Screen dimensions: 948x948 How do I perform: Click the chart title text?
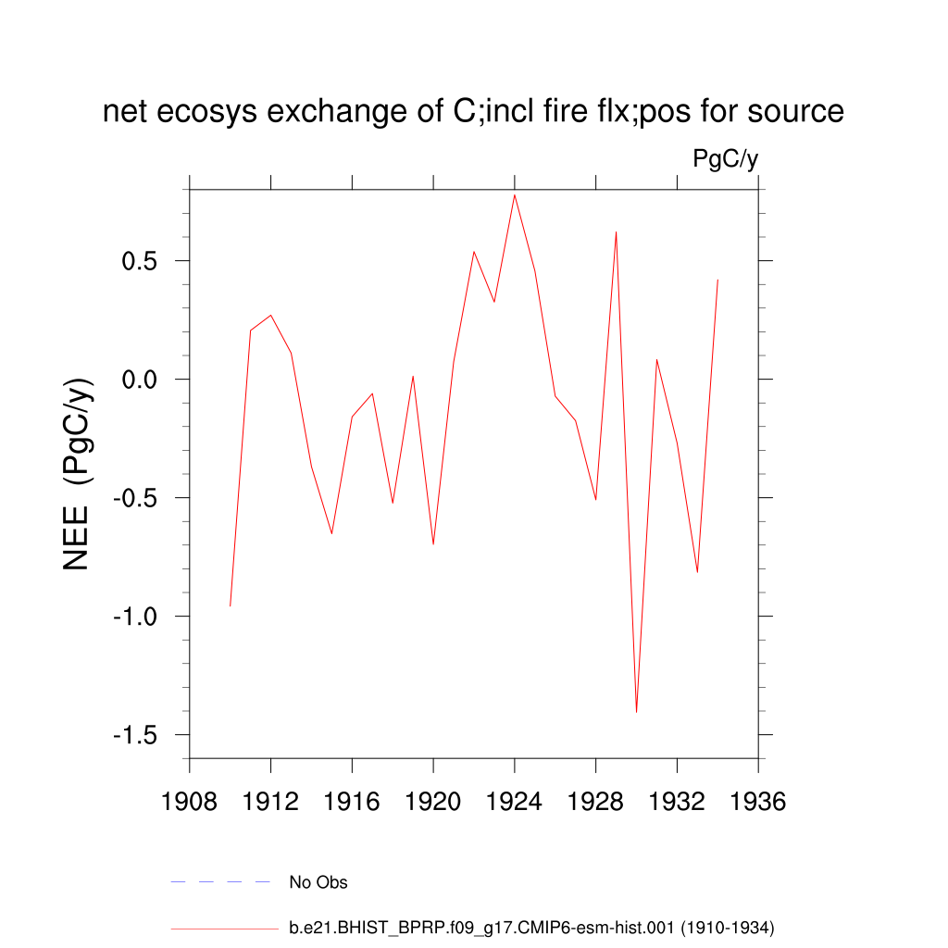point(473,112)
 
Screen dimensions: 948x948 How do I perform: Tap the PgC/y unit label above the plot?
point(726,159)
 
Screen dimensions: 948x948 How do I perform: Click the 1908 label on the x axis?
point(190,802)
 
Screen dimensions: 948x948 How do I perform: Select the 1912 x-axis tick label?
point(270,802)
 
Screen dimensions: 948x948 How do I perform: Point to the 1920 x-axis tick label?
point(433,802)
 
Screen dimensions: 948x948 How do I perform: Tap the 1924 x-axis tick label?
point(515,802)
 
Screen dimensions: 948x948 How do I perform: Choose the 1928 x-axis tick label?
point(596,802)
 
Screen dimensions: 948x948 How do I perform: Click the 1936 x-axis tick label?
point(758,802)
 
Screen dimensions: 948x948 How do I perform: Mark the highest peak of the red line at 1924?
point(515,194)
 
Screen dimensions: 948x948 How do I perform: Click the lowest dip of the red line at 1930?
point(637,711)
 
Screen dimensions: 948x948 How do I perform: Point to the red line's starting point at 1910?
point(231,605)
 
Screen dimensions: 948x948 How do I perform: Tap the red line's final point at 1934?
point(717,280)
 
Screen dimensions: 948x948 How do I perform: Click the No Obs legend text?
point(318,882)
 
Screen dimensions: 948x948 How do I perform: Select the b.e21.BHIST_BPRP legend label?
point(531,927)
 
